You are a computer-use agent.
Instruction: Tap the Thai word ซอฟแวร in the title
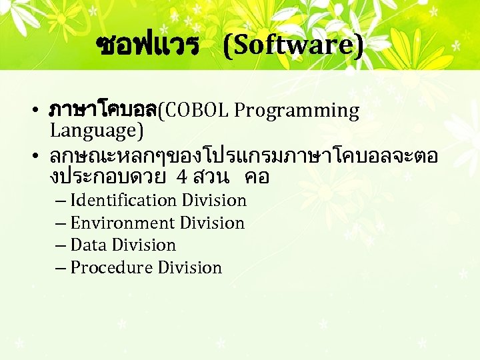point(147,45)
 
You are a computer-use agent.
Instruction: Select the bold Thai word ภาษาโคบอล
point(103,110)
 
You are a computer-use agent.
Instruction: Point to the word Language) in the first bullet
point(97,130)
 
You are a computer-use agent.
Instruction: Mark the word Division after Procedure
point(190,267)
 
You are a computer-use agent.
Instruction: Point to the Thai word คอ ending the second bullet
point(257,178)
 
